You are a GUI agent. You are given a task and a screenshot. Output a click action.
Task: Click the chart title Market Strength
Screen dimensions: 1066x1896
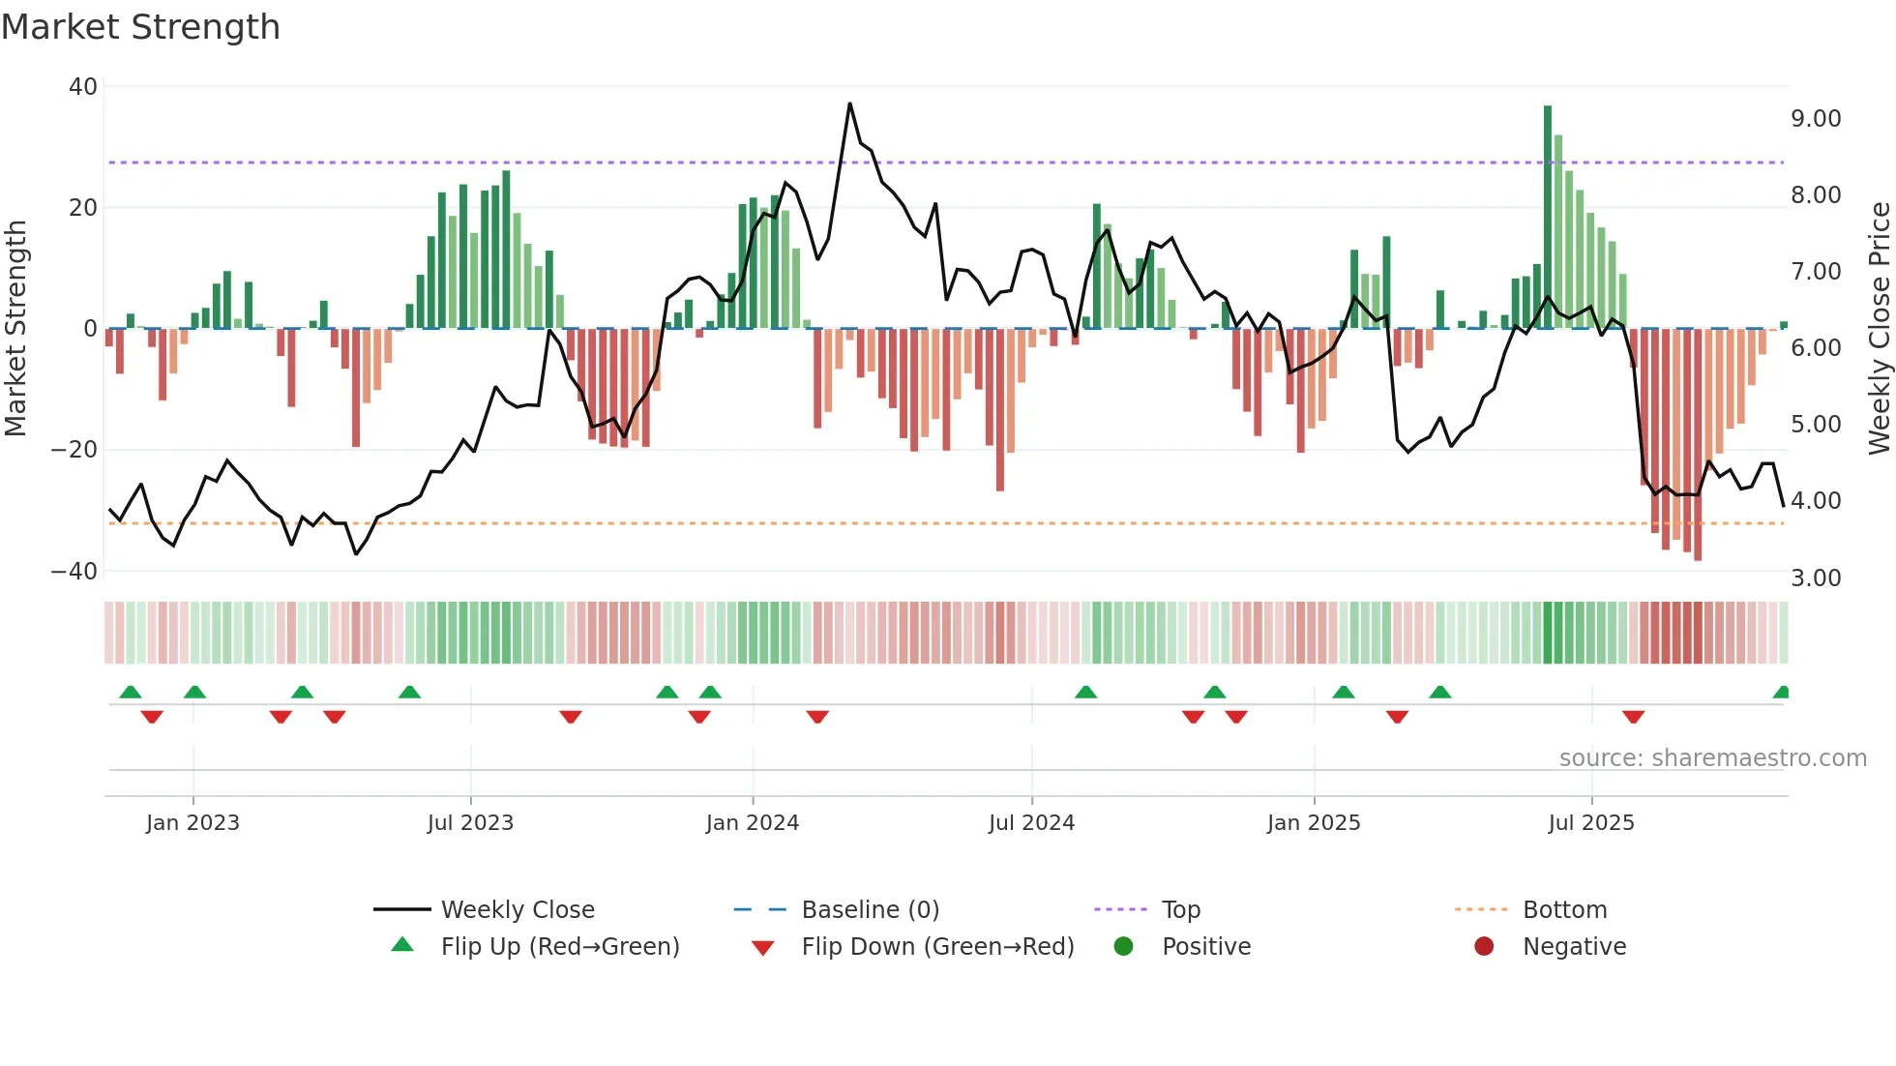(140, 27)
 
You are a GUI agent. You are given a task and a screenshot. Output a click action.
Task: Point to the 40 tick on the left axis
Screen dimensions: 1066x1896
(83, 87)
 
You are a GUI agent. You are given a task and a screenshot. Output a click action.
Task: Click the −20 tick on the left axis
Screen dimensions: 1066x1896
(74, 450)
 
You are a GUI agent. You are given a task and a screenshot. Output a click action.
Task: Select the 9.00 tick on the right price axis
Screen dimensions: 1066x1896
(1816, 119)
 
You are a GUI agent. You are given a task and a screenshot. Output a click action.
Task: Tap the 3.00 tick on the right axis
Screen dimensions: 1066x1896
(1816, 578)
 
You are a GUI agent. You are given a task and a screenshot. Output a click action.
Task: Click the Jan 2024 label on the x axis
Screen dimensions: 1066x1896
(752, 823)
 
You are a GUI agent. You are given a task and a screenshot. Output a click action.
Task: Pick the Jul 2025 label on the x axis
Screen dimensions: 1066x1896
(1590, 823)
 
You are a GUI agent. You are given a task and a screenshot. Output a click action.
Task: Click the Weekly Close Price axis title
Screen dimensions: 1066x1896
(1879, 329)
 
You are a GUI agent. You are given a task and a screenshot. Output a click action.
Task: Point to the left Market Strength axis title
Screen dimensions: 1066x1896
(15, 329)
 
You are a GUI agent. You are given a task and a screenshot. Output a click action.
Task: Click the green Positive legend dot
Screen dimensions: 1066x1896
(1123, 946)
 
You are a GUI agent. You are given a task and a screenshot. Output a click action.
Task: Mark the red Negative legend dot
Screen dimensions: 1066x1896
(1484, 946)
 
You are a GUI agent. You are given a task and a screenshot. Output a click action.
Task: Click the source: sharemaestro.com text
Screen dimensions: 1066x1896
(1712, 758)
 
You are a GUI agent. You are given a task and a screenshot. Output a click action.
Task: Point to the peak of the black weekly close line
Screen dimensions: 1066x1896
(849, 104)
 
